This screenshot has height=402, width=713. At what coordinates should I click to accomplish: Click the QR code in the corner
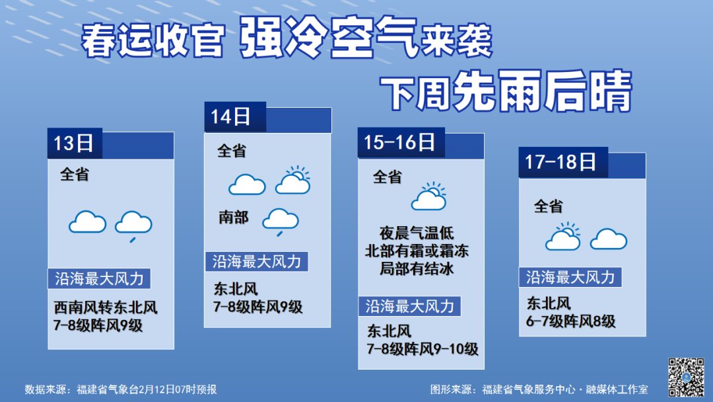pyautogui.click(x=686, y=376)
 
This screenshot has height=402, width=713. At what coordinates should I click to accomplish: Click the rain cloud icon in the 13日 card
pyautogui.click(x=133, y=226)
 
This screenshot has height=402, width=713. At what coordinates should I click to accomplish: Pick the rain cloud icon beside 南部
pyautogui.click(x=281, y=221)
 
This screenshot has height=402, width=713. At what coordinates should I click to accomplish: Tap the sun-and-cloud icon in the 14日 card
pyautogui.click(x=293, y=181)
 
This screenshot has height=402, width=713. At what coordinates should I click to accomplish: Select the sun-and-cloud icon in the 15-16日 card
pyautogui.click(x=429, y=196)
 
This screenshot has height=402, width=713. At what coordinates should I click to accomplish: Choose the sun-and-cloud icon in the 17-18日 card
pyautogui.click(x=563, y=236)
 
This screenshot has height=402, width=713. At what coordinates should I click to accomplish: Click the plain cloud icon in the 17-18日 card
pyautogui.click(x=609, y=239)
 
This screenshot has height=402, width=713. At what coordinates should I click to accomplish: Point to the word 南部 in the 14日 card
pyautogui.click(x=233, y=217)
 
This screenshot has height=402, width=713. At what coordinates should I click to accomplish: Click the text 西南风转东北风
pyautogui.click(x=106, y=307)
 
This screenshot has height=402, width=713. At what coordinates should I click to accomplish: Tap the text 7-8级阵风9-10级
pyautogui.click(x=423, y=349)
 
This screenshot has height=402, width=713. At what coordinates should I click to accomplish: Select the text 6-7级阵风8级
pyautogui.click(x=570, y=321)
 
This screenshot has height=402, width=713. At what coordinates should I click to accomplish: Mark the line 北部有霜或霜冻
pyautogui.click(x=417, y=251)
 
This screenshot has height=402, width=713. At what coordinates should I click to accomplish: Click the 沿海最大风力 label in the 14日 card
pyautogui.click(x=257, y=262)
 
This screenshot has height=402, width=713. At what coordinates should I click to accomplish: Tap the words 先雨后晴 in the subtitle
pyautogui.click(x=543, y=91)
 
